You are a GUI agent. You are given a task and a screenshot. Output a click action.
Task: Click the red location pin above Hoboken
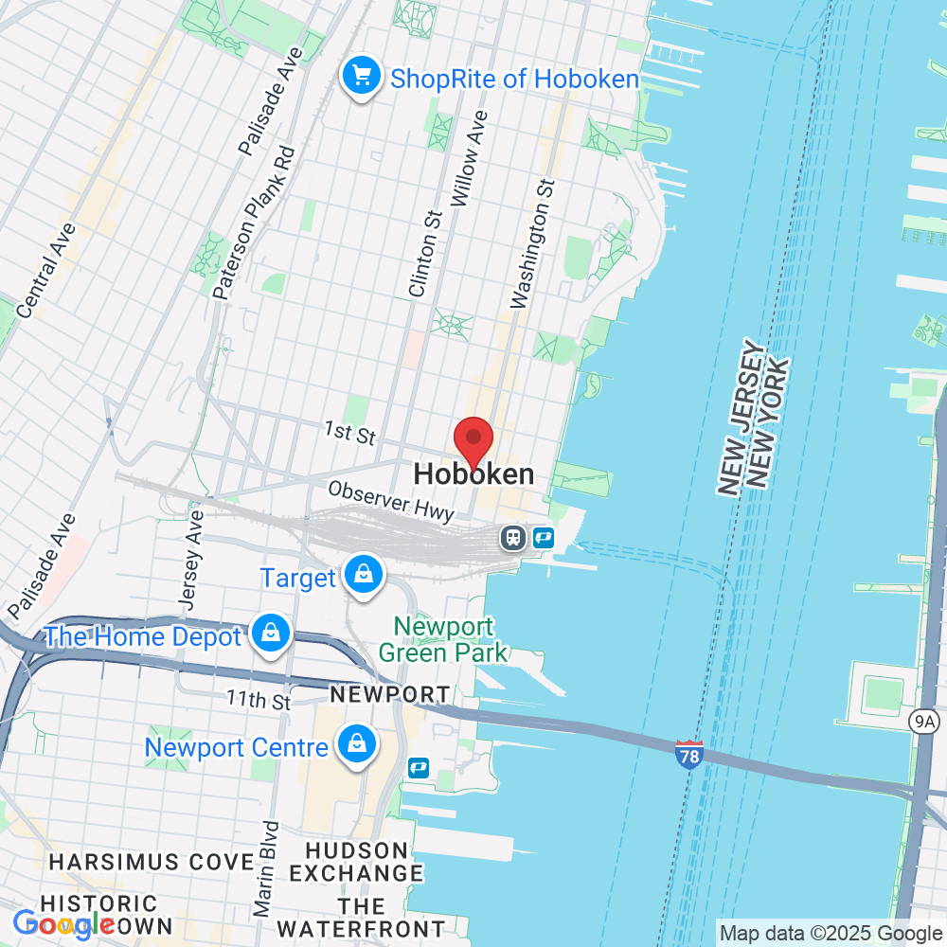[473, 441]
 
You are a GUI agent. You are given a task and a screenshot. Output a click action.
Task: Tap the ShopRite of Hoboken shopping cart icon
[361, 76]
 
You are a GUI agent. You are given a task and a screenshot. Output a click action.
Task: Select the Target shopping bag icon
[363, 575]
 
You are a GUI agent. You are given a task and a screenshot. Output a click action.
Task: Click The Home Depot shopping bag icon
[271, 634]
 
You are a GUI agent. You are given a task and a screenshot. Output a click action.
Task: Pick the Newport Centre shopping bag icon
[358, 744]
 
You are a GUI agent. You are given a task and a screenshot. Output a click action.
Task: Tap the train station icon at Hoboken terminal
[513, 538]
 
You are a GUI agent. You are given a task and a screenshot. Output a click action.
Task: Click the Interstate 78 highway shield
[689, 754]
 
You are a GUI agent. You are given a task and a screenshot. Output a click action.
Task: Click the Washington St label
[532, 243]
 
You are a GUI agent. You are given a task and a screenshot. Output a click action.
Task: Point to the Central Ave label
[45, 271]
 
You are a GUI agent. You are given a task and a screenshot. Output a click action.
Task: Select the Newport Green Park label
[443, 639]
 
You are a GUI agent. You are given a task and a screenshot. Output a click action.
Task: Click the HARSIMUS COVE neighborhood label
[151, 862]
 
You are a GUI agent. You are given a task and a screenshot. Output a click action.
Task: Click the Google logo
[63, 923]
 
